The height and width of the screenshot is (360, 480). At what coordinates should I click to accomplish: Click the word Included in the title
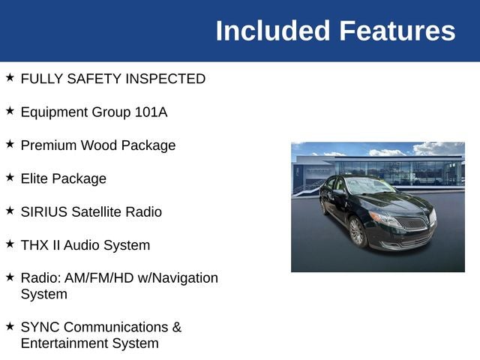[x=273, y=31]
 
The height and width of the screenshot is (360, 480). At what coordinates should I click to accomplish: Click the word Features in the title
[x=397, y=31]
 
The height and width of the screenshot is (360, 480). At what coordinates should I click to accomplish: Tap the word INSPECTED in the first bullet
[x=165, y=79]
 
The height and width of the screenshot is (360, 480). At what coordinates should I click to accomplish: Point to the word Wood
[x=99, y=145]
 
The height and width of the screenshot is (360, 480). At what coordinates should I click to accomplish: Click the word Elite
[x=34, y=178]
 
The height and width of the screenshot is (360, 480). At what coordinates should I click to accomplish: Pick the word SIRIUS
[x=44, y=211]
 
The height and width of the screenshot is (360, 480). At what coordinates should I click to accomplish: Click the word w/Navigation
[x=178, y=278]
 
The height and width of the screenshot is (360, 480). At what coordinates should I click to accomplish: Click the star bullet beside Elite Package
[x=10, y=177]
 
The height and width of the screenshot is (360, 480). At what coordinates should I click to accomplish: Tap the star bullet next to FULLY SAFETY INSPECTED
[x=10, y=77]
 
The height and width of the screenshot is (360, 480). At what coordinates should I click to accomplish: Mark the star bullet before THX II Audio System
[x=10, y=244]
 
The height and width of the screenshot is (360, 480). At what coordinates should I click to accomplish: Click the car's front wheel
[x=357, y=232]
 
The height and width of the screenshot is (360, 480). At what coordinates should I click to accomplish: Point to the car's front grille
[x=411, y=223]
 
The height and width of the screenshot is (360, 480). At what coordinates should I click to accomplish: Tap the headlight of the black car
[x=385, y=219]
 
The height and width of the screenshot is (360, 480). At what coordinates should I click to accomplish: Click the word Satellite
[x=97, y=211]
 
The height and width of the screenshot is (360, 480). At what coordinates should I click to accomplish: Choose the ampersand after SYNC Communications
[x=177, y=327]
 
